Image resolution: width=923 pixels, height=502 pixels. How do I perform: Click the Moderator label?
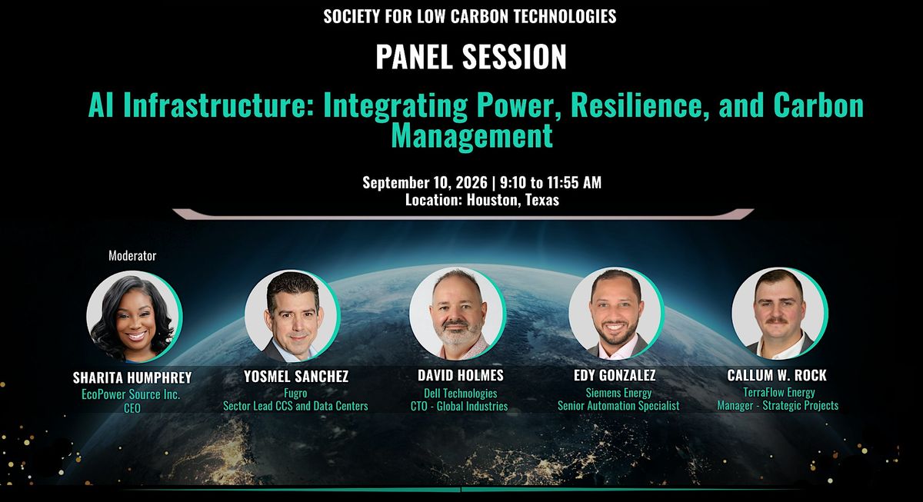click(132, 256)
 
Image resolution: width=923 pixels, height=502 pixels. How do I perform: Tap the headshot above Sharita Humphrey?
click(135, 317)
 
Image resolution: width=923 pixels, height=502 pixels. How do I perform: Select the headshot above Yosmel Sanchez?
click(292, 316)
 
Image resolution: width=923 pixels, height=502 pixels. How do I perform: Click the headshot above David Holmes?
click(458, 314)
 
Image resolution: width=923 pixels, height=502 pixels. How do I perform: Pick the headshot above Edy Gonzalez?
click(616, 314)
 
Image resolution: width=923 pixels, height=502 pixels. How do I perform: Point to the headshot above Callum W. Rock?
click(780, 314)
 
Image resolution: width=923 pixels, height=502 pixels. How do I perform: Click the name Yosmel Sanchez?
click(296, 376)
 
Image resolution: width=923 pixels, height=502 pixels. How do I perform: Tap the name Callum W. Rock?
click(777, 375)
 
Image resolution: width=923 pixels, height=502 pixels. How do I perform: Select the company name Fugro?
click(295, 394)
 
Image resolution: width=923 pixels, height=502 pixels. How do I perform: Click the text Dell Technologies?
click(460, 394)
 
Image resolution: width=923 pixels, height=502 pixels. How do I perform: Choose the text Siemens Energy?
click(618, 393)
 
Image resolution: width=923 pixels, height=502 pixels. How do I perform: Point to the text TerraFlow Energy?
click(778, 392)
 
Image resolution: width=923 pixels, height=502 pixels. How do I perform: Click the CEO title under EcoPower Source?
click(132, 408)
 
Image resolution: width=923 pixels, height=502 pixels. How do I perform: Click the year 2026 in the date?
click(471, 182)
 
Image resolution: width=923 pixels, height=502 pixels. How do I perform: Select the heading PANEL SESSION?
click(471, 56)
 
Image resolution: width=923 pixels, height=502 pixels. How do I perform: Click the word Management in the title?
click(471, 135)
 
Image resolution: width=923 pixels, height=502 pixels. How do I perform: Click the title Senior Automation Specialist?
click(618, 406)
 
